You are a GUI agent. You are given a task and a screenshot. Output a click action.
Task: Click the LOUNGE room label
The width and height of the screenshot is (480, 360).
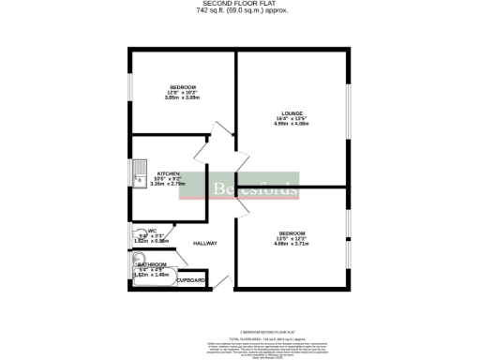[x=291, y=114]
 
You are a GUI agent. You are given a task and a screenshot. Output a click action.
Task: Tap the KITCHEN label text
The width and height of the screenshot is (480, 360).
[x=169, y=173]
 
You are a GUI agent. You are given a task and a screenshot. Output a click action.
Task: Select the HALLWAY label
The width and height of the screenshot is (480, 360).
[x=205, y=244]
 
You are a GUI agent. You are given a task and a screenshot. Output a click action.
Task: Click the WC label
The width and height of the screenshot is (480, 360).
[x=152, y=230]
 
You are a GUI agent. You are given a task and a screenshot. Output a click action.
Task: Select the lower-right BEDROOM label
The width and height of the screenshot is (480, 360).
[x=292, y=232]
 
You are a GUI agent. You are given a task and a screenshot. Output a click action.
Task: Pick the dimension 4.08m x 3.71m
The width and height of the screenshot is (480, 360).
[x=292, y=244]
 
